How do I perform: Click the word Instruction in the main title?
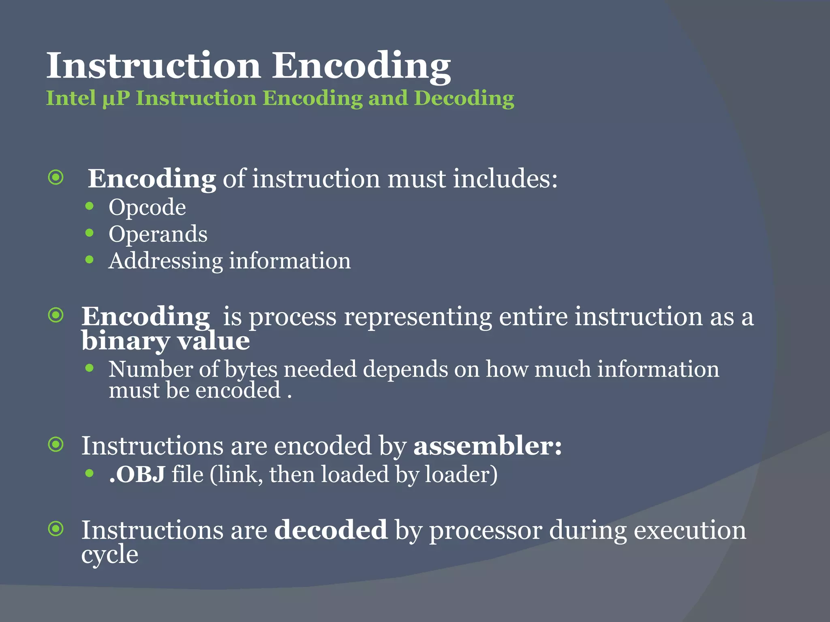[154, 65]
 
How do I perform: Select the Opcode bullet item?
[147, 208]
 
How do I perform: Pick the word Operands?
[158, 234]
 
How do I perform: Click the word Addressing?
[165, 261]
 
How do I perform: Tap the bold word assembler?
[488, 446]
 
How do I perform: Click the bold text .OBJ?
[137, 474]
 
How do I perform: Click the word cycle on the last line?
[109, 554]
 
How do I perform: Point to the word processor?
[486, 530]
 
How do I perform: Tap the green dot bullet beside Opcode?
[90, 207]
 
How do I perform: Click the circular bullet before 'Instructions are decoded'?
[56, 528]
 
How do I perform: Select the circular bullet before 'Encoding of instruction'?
[56, 177]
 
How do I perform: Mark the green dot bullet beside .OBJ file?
[90, 473]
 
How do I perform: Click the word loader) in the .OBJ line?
[461, 474]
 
